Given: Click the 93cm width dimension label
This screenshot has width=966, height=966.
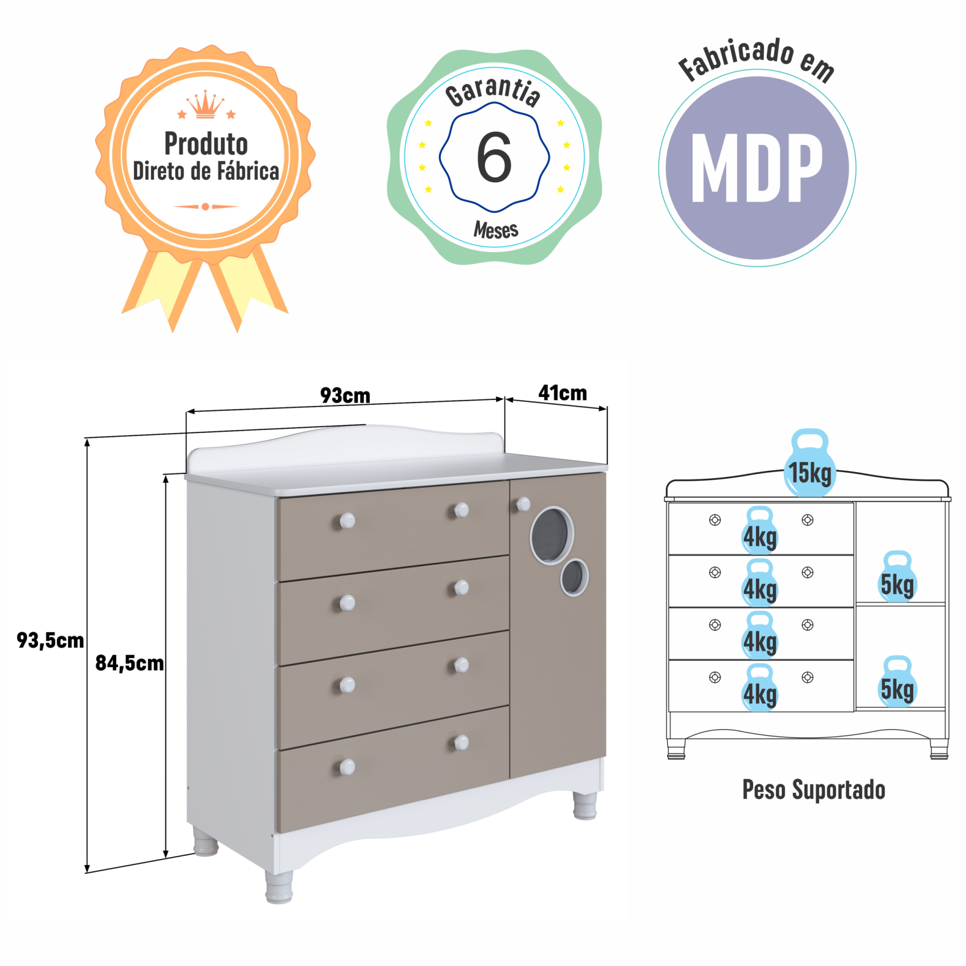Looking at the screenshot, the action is click(x=345, y=395).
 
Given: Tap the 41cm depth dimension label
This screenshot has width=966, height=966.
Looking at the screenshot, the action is click(x=562, y=393).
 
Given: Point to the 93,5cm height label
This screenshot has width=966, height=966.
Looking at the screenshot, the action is click(x=50, y=640).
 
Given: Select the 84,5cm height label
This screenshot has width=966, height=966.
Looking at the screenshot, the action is click(x=130, y=663).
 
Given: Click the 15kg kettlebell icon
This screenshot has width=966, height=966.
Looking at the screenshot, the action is click(x=810, y=463).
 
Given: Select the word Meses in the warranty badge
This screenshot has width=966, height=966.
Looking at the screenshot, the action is click(x=496, y=230).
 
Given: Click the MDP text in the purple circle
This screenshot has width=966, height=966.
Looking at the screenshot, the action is click(x=757, y=168).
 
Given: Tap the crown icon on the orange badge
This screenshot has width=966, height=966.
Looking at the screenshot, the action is click(x=205, y=105).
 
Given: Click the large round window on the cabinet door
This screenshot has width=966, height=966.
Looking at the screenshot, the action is click(x=551, y=535).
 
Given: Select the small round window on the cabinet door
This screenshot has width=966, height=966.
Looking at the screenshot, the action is click(x=575, y=577).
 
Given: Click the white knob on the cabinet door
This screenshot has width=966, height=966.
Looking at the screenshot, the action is click(x=523, y=504).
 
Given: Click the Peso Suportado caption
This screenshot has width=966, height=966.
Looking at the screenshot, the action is click(x=814, y=790).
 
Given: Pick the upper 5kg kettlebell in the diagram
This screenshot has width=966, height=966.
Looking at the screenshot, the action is click(x=898, y=576).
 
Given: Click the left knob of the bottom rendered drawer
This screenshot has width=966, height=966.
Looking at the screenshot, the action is click(x=347, y=767).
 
